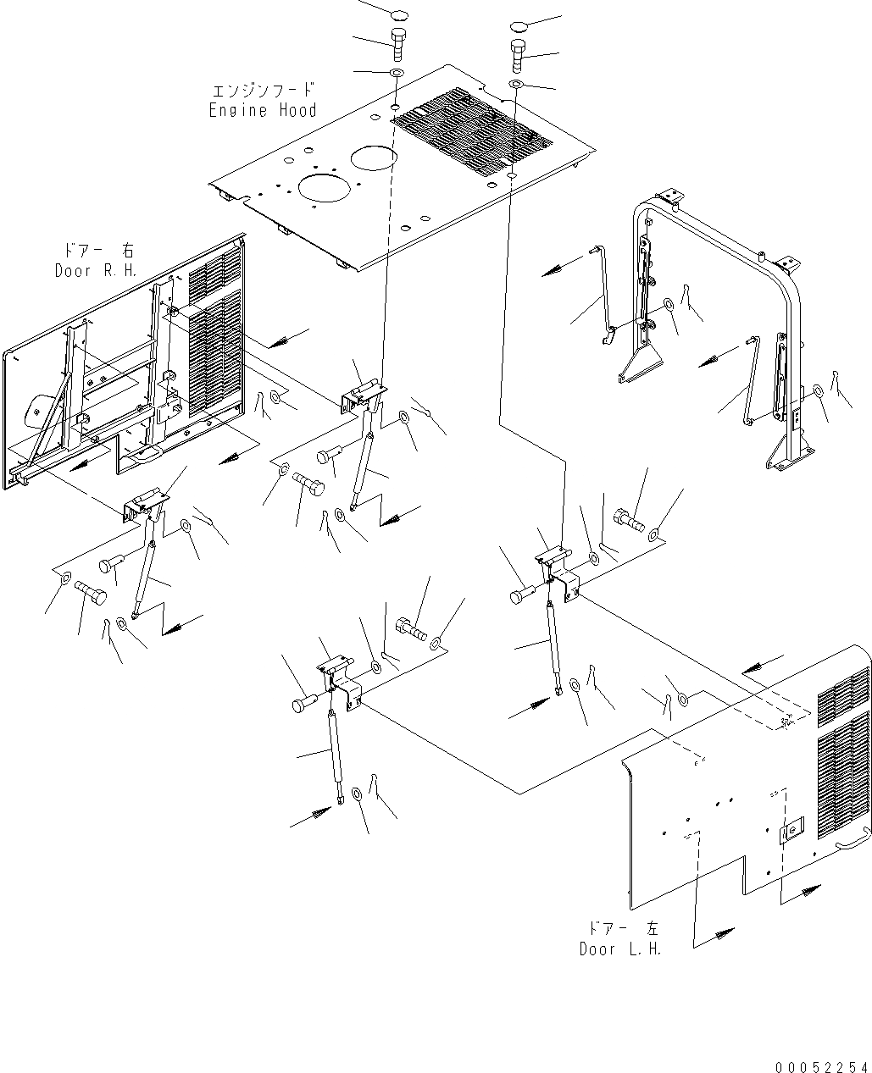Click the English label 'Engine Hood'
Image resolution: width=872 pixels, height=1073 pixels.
(x=263, y=110)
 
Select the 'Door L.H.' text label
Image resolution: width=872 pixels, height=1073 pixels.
(x=619, y=949)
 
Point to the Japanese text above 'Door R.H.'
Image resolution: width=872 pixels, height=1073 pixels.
(x=94, y=252)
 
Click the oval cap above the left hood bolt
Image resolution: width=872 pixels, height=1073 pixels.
(x=398, y=14)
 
